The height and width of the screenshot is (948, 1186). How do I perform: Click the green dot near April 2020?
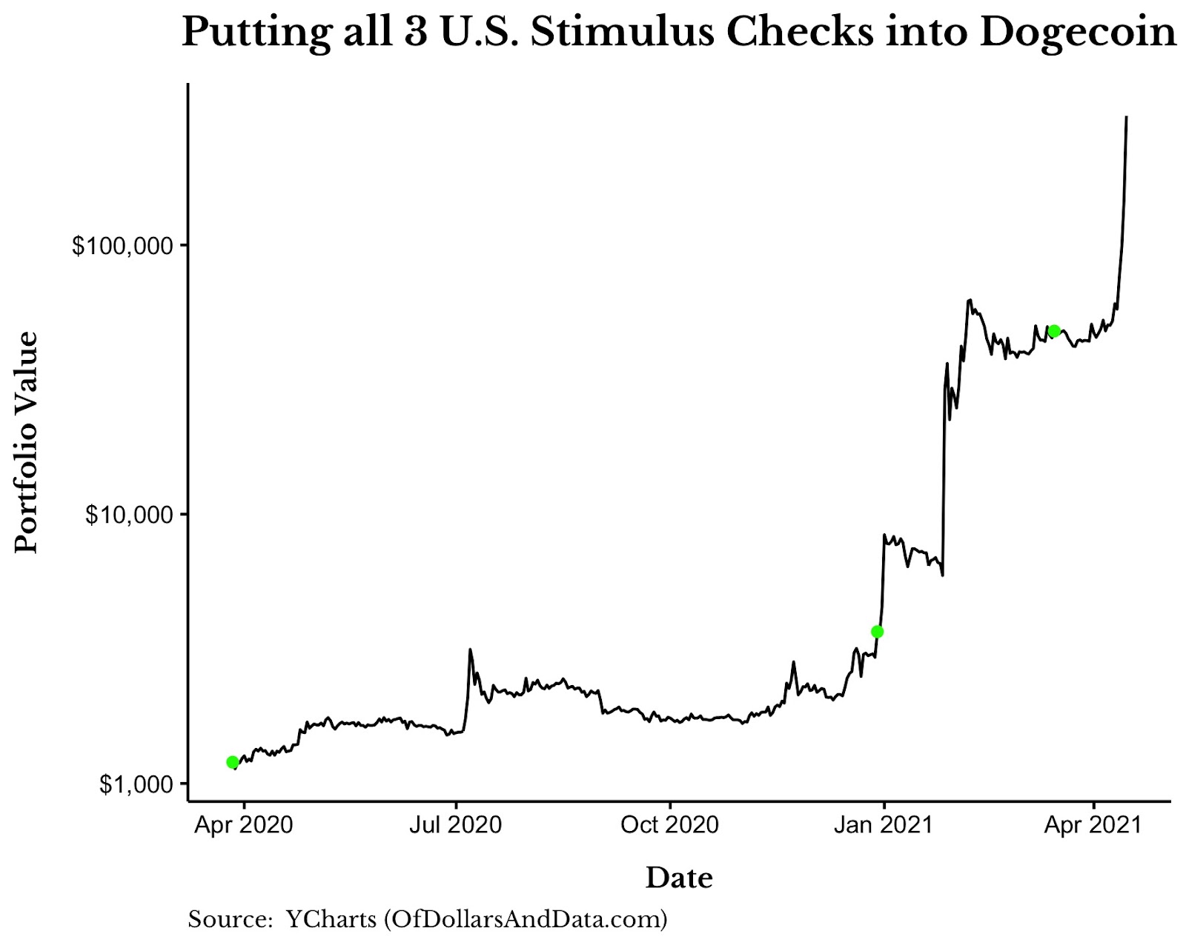(x=232, y=762)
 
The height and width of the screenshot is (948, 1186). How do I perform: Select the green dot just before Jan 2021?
(x=877, y=632)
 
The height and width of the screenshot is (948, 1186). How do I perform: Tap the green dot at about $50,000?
(x=1054, y=331)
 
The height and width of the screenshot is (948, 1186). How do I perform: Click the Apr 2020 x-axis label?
(x=243, y=825)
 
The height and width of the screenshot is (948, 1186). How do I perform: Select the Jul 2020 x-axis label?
(x=456, y=825)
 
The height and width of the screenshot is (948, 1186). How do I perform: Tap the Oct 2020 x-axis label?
(x=669, y=825)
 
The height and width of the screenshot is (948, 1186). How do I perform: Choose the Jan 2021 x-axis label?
(x=883, y=825)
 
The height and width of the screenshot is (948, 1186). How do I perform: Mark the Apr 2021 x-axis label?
(x=1093, y=825)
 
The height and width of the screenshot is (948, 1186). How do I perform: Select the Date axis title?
(x=679, y=878)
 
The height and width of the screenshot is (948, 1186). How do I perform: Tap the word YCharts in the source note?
(x=331, y=920)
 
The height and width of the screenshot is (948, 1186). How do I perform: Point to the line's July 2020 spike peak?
(x=470, y=650)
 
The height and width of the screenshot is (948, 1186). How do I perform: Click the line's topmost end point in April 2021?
(x=1127, y=117)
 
